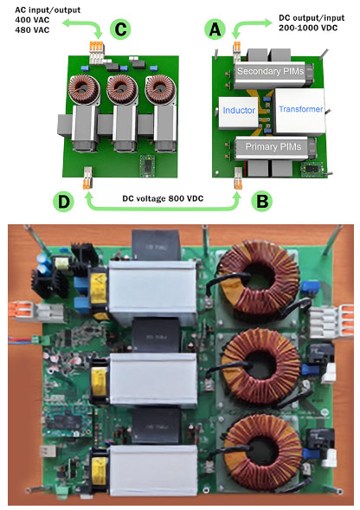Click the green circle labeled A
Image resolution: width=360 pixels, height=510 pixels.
click(x=215, y=29)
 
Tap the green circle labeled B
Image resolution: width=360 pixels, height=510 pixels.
click(x=262, y=202)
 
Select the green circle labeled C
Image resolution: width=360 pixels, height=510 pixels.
click(x=120, y=29)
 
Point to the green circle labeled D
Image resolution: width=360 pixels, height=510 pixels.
click(x=64, y=202)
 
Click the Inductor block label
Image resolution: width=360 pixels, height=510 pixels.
click(x=239, y=110)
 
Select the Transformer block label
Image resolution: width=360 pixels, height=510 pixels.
click(x=301, y=109)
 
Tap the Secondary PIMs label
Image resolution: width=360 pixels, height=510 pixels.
click(x=270, y=71)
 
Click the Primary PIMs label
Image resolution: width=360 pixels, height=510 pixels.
click(x=273, y=146)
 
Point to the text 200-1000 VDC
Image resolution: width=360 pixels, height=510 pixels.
click(x=307, y=28)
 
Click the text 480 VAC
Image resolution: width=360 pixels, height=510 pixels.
click(x=32, y=30)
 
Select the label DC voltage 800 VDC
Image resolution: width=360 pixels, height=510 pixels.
click(x=163, y=198)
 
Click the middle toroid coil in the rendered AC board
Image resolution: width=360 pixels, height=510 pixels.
click(x=122, y=88)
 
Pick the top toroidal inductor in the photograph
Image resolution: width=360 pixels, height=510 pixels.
click(x=260, y=279)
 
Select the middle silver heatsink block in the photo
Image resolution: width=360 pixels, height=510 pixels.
click(x=153, y=379)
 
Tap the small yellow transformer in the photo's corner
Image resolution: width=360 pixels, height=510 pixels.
click(x=61, y=263)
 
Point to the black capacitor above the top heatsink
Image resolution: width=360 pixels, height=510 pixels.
click(x=155, y=245)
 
